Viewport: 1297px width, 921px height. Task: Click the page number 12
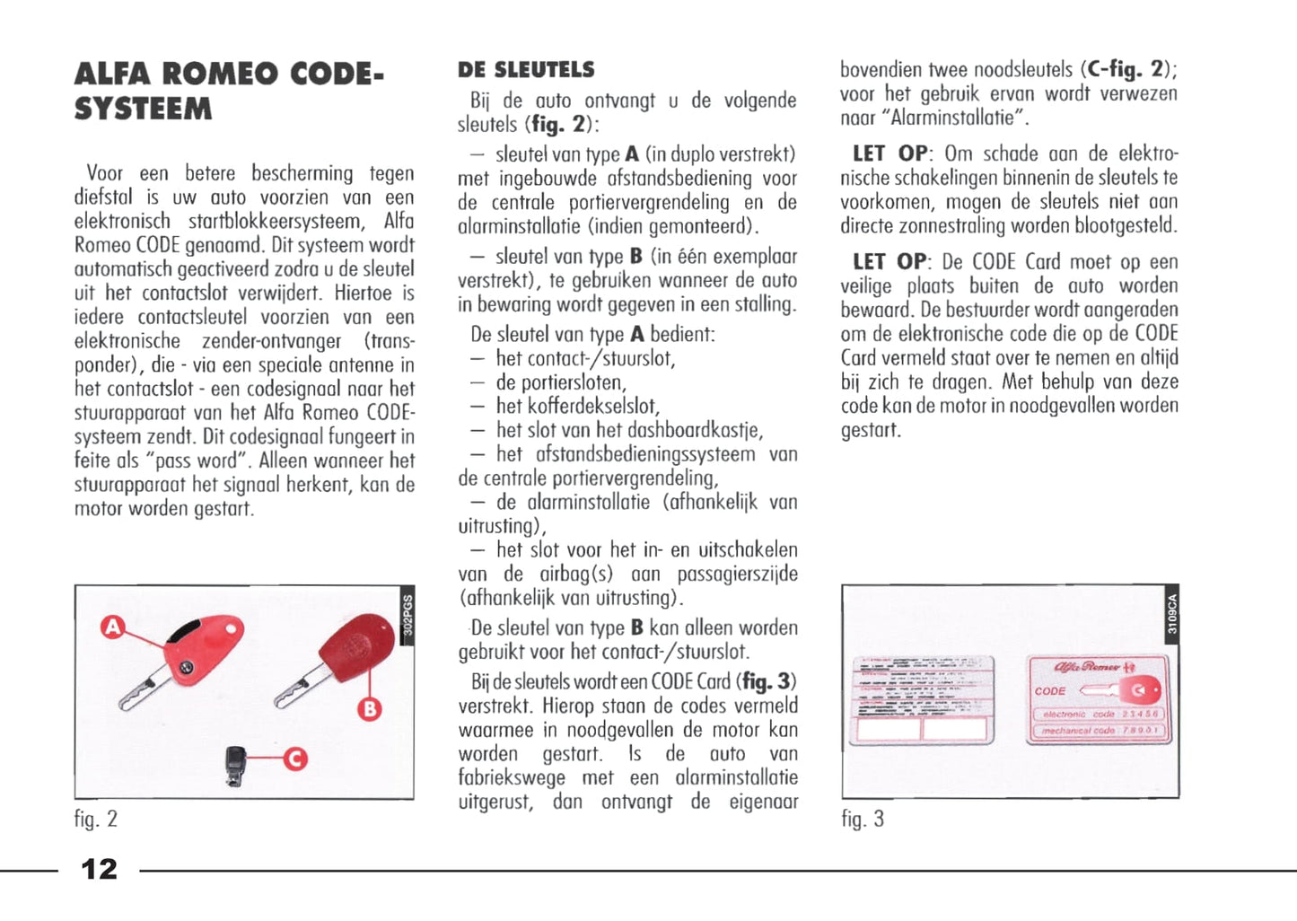click(99, 869)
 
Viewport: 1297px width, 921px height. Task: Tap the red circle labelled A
click(112, 627)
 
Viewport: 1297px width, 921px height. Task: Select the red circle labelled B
click(369, 709)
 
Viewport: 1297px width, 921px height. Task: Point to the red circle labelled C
click(295, 759)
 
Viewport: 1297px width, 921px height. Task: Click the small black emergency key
click(236, 765)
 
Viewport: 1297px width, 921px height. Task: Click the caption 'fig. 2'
click(96, 819)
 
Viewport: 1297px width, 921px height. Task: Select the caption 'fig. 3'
click(863, 819)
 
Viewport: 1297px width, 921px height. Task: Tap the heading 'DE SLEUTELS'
click(526, 70)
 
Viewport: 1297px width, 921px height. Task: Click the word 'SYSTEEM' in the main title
click(144, 110)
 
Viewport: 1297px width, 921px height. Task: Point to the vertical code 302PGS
click(408, 615)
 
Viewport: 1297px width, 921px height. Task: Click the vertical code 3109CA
click(1172, 614)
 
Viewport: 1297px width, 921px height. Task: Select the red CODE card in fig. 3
click(1099, 700)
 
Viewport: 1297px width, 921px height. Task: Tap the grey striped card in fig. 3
click(922, 700)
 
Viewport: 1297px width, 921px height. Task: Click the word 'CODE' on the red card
click(1050, 691)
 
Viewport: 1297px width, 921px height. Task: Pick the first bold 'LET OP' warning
click(890, 153)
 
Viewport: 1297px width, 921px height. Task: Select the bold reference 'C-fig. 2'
click(1127, 69)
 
